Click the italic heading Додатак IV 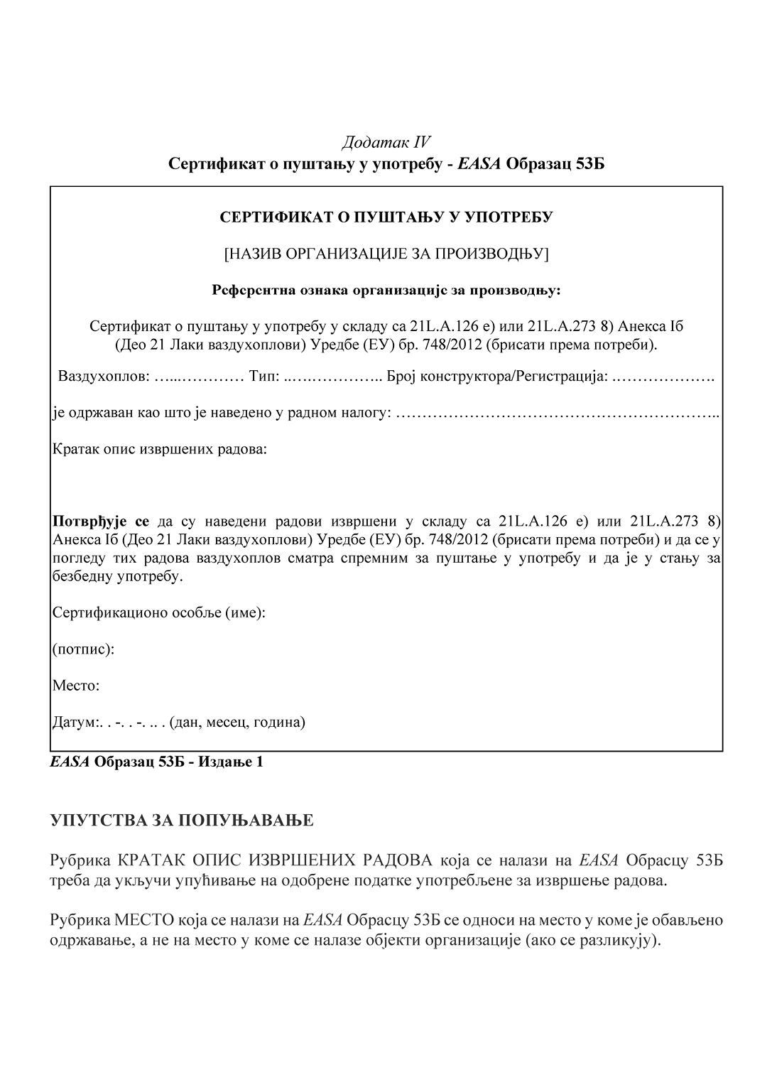386,142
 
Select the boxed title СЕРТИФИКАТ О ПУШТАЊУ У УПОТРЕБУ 386,217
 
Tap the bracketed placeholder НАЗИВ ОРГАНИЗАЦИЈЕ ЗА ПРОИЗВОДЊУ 386,254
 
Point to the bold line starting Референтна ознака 386,290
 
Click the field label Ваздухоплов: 104,376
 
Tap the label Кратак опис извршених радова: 160,450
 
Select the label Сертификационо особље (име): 159,612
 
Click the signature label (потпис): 83,649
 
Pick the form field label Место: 76,686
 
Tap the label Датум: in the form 74,723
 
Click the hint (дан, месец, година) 237,723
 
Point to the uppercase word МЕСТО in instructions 144,921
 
